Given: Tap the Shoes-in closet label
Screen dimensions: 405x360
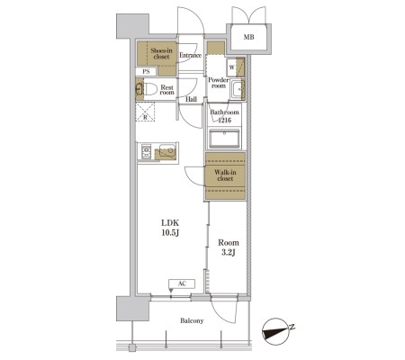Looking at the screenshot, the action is [x=161, y=53].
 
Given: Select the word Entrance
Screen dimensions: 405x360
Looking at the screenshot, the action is [x=190, y=55].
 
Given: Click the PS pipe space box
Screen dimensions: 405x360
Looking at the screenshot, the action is [x=146, y=72].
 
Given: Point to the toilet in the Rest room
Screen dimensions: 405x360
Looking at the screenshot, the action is [x=147, y=89].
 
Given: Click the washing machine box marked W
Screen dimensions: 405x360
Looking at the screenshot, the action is [x=231, y=67].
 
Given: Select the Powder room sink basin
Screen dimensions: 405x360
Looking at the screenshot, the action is [x=238, y=89].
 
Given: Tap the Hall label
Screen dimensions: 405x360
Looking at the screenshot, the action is [x=191, y=99].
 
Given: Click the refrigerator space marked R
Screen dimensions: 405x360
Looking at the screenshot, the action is [x=145, y=112].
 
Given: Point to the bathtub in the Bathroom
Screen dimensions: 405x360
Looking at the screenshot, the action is [x=224, y=139].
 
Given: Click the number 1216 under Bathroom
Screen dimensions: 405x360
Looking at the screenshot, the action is [x=224, y=121].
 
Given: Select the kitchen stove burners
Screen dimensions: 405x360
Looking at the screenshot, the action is [x=146, y=151].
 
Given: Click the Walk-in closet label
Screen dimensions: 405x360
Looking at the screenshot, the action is [x=225, y=175].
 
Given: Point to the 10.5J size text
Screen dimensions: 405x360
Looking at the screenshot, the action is [x=170, y=233].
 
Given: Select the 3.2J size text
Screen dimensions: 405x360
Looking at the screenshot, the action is [x=229, y=252].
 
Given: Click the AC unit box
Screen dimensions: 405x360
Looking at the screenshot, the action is [x=182, y=283].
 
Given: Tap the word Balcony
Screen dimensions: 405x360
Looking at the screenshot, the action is [x=192, y=320].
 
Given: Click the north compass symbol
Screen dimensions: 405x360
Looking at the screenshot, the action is [x=276, y=332].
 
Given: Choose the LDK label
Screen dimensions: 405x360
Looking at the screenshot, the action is [x=170, y=223].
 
